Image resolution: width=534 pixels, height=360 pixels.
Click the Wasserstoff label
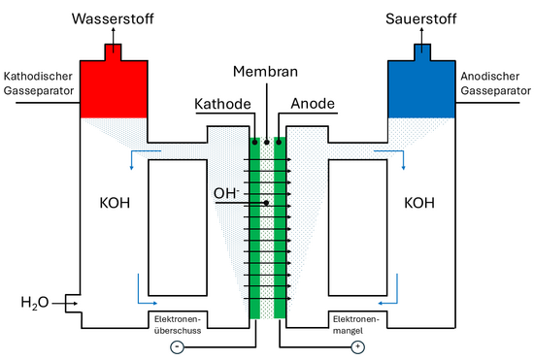pyautogui.click(x=114, y=17)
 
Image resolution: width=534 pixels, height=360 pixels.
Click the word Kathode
pyautogui.click(x=224, y=102)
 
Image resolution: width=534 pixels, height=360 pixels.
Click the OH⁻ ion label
pyautogui.click(x=226, y=193)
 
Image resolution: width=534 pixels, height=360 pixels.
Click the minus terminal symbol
pyautogui.click(x=175, y=346)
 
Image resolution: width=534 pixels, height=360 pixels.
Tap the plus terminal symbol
pyautogui.click(x=357, y=346)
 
